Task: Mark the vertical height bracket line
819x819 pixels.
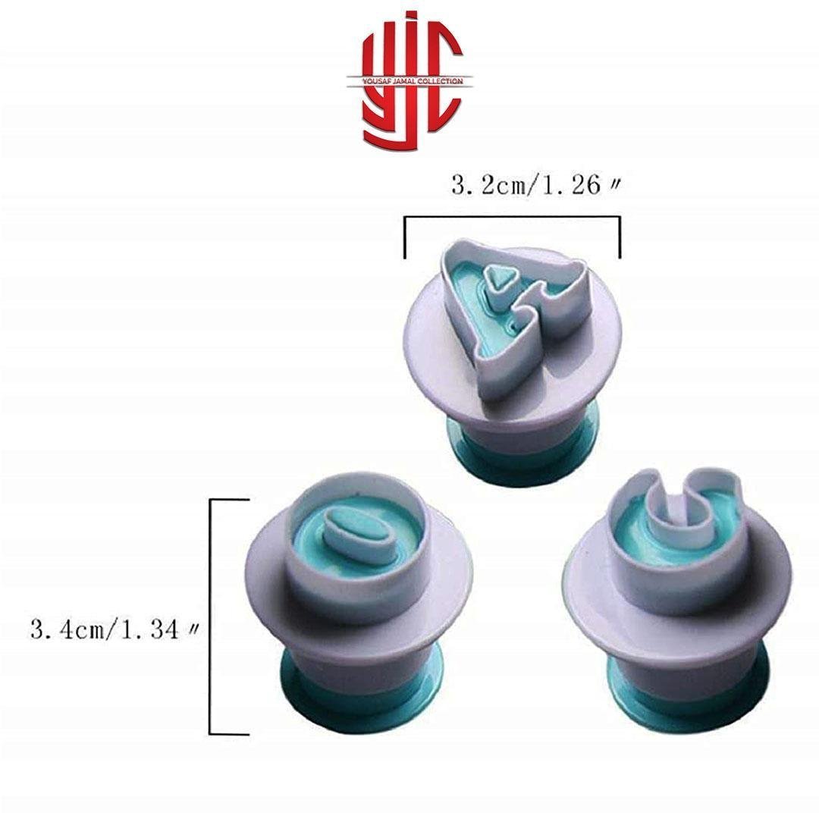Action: [210, 617]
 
